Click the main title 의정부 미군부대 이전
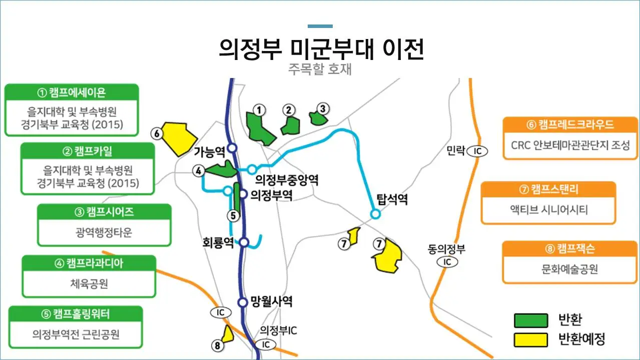[321, 49]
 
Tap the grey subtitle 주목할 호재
[320, 69]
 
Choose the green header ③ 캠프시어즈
[104, 212]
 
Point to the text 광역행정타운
[104, 232]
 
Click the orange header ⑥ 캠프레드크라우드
[570, 124]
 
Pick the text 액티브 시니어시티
[548, 209]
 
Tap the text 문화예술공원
[569, 269]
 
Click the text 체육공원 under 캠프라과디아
[89, 284]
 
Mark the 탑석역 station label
[392, 200]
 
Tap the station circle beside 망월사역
[243, 302]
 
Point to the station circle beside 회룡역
[244, 242]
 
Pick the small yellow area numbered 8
[228, 334]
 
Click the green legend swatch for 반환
[530, 320]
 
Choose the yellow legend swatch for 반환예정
[530, 339]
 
